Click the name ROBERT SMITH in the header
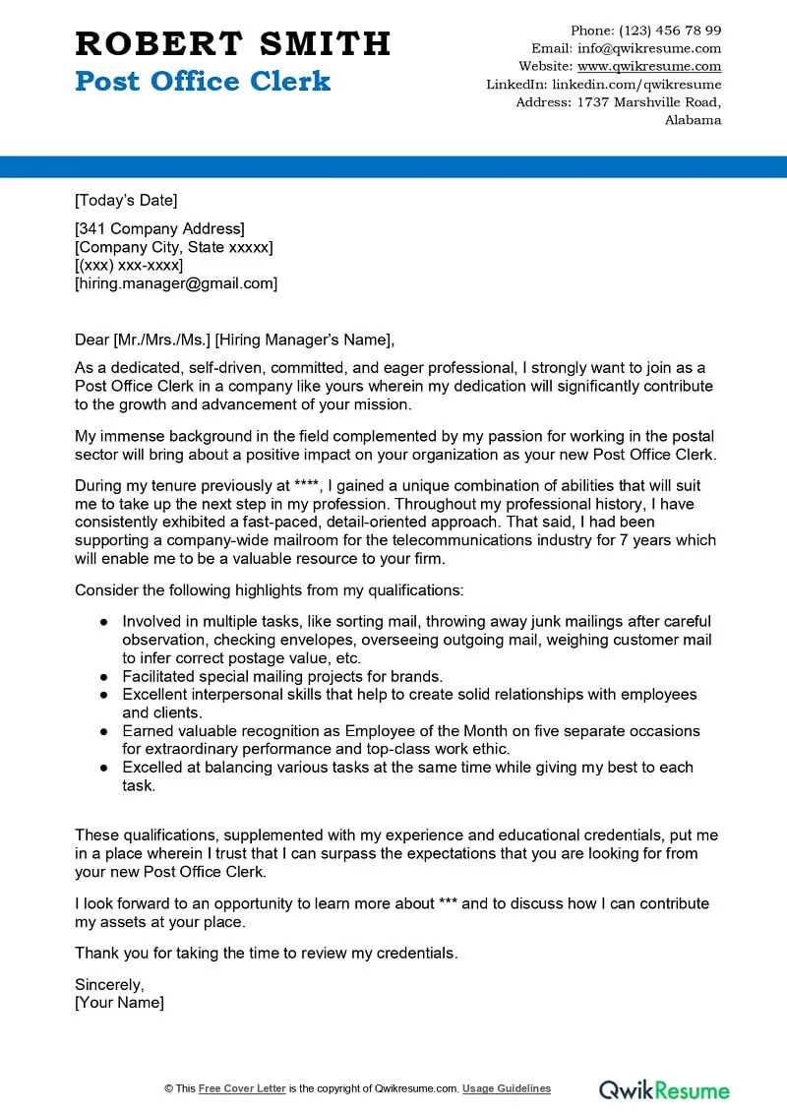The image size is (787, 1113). tap(232, 43)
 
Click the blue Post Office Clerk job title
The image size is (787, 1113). tap(203, 81)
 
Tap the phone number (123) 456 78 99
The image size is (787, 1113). tap(670, 31)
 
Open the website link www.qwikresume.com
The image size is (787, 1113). tap(649, 67)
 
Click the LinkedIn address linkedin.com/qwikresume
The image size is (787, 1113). tap(636, 85)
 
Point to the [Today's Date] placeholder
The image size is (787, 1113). tap(126, 201)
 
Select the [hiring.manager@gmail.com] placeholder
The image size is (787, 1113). tap(176, 283)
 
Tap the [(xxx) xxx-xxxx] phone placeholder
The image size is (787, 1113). tap(129, 266)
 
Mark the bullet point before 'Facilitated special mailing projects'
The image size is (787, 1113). tap(104, 677)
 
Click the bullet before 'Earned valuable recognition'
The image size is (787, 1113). tap(104, 731)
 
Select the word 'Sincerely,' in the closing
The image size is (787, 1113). tap(109, 984)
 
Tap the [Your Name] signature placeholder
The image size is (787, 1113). tap(119, 1003)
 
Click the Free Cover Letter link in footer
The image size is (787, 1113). tap(242, 1088)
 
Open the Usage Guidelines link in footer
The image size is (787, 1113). tap(507, 1088)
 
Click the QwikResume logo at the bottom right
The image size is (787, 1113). tap(665, 1089)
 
